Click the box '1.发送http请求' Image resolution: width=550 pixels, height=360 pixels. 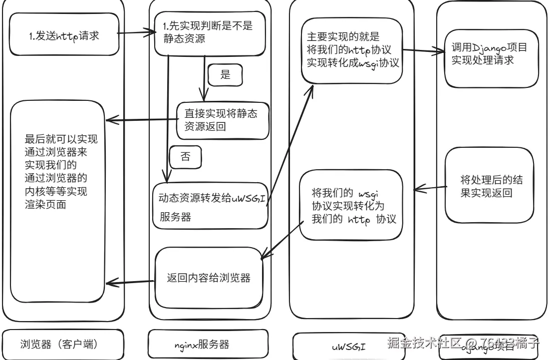click(64, 34)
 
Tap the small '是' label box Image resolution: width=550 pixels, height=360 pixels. click(225, 75)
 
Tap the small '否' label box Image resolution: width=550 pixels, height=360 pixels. click(185, 157)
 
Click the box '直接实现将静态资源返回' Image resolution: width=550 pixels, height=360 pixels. click(223, 120)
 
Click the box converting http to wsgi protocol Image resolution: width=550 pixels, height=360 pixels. click(351, 50)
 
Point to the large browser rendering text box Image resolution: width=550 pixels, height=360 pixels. click(57, 200)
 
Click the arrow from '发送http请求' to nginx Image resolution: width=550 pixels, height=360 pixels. click(135, 34)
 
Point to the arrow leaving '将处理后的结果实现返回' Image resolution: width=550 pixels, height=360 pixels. click(429, 188)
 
